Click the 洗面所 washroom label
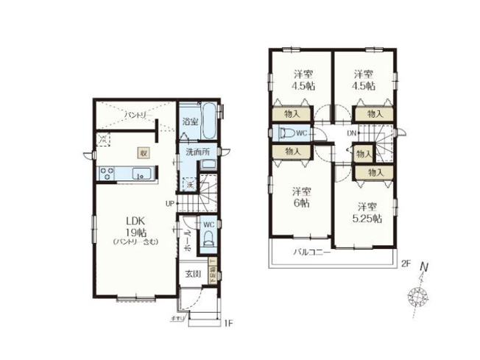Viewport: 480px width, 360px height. (x=197, y=152)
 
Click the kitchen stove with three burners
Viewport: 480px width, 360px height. (x=107, y=174)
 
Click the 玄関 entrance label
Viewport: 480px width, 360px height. (x=192, y=274)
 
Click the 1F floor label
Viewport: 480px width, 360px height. (x=228, y=322)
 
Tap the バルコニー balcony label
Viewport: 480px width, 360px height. (x=310, y=252)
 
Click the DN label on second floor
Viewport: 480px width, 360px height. (x=351, y=133)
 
